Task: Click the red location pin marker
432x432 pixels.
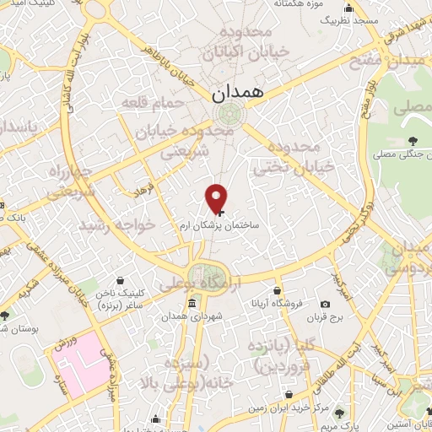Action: (217, 197)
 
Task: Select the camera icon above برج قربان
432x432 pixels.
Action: (325, 304)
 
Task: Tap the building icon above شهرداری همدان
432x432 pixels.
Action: (194, 302)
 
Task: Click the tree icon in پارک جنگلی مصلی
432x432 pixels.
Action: (411, 140)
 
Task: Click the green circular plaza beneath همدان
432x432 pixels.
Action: (225, 113)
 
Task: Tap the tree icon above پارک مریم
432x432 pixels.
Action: (339, 413)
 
